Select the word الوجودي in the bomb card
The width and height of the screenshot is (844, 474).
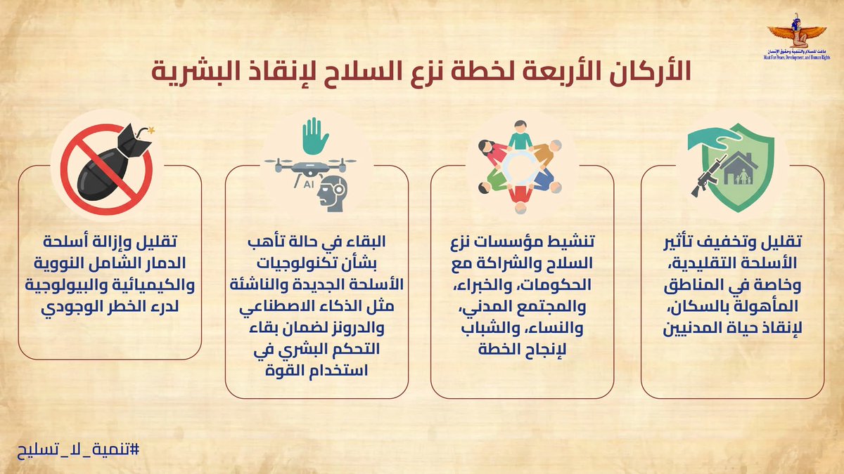coord(75,308)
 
